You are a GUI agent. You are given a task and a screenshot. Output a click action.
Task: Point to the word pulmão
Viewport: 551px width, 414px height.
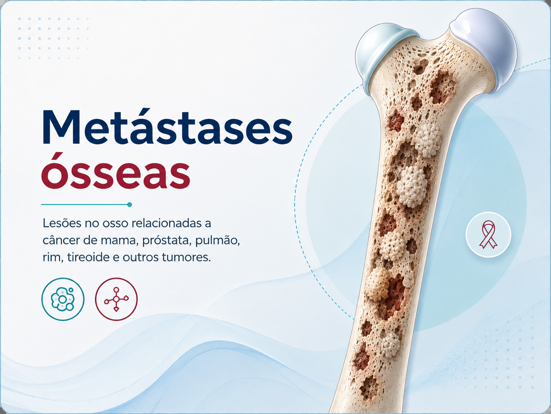tap(217, 241)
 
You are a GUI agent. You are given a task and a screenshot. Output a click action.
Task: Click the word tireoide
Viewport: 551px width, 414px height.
tap(88, 257)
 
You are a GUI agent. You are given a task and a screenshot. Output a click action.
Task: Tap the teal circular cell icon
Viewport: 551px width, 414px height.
tap(63, 299)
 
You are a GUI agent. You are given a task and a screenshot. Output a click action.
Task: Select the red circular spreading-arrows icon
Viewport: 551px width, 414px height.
tap(116, 299)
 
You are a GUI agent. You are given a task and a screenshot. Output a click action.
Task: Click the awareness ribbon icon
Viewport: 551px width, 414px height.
tap(488, 234)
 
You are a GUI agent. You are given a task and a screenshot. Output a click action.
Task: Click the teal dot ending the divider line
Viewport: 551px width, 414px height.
tap(129, 204)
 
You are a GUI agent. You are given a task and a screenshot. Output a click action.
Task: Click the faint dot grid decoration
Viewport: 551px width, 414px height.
tap(54, 38)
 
